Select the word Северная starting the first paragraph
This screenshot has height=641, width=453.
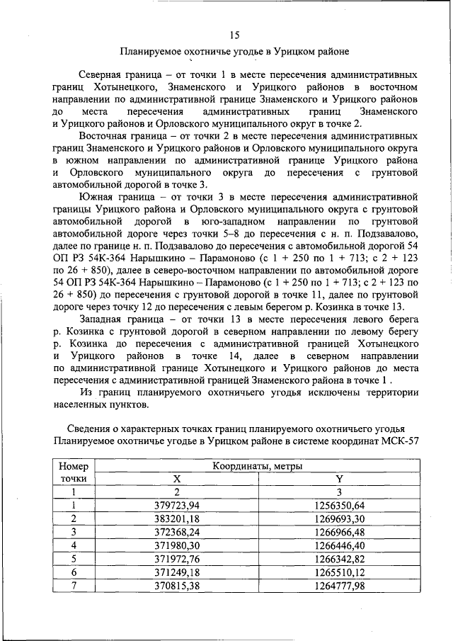(103, 74)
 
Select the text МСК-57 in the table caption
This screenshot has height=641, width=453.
(400, 440)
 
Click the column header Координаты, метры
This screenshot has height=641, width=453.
(258, 466)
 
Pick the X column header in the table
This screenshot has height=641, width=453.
(178, 479)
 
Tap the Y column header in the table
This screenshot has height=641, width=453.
(338, 479)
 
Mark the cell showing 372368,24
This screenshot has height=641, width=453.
(178, 531)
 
